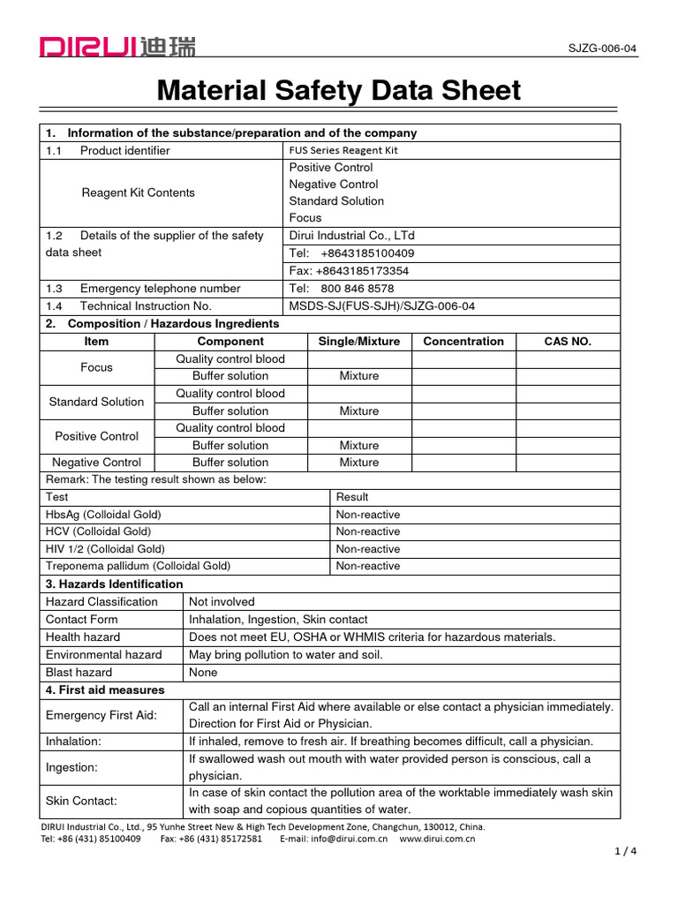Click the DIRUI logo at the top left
117,46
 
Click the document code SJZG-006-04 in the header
603,49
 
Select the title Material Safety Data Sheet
339,91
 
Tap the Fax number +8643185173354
349,271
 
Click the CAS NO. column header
568,342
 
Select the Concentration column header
463,342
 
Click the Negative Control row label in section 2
97,463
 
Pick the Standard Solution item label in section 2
96,402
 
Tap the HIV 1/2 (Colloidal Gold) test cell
105,549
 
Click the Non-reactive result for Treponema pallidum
367,567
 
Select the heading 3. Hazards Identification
114,584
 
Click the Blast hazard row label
79,672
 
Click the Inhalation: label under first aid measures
73,742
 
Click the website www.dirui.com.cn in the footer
437,839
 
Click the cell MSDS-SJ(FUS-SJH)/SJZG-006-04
381,306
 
